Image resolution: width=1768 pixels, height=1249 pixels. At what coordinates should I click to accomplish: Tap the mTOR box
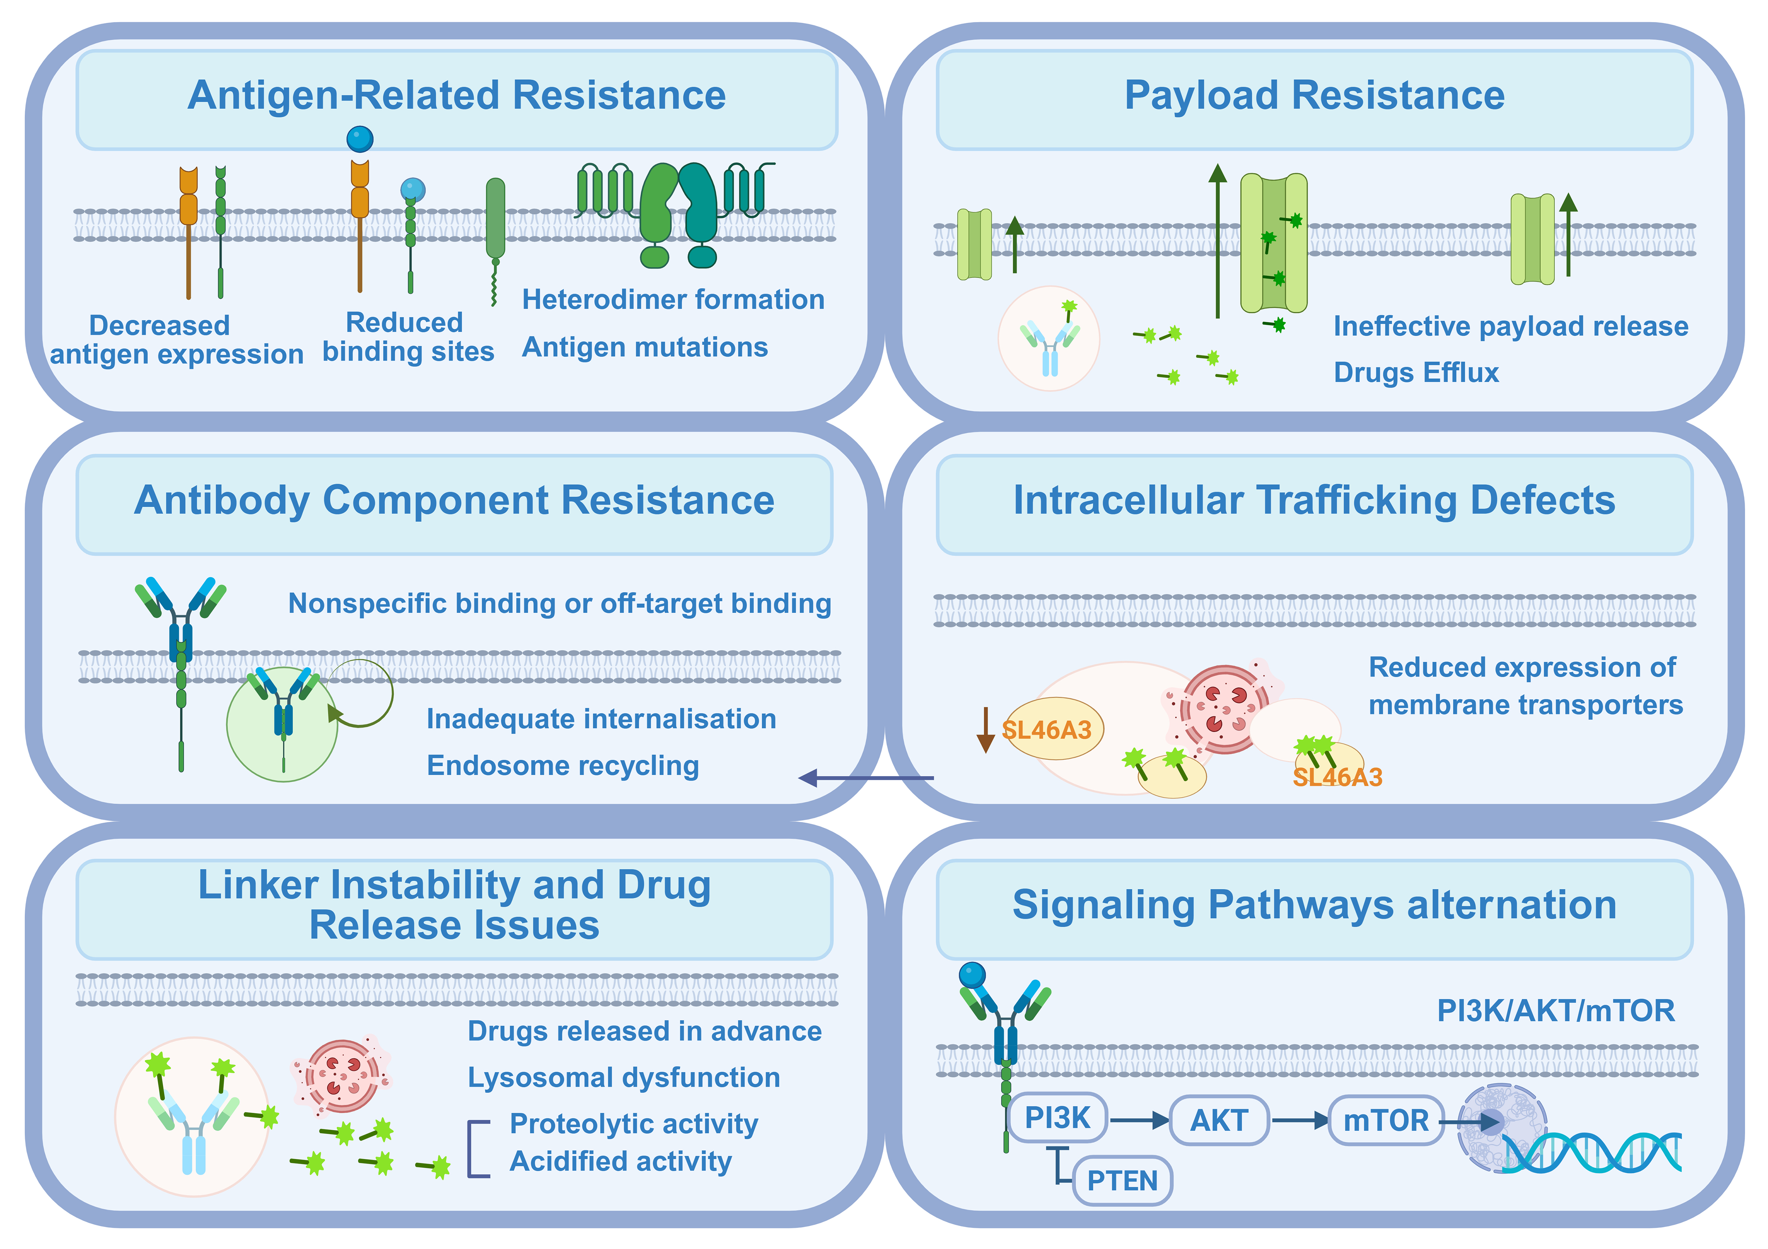1385,1120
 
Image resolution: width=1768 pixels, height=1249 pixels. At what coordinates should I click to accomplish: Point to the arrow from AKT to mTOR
1300,1120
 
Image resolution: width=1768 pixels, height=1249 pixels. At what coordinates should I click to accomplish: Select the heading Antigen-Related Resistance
457,95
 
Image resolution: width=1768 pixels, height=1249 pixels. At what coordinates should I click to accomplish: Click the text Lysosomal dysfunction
624,1077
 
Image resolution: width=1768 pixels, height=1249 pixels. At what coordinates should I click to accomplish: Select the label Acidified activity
621,1161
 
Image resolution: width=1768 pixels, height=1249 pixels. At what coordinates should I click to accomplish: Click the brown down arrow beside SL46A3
985,729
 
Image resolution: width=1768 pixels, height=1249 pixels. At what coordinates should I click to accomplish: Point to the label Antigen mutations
644,347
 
